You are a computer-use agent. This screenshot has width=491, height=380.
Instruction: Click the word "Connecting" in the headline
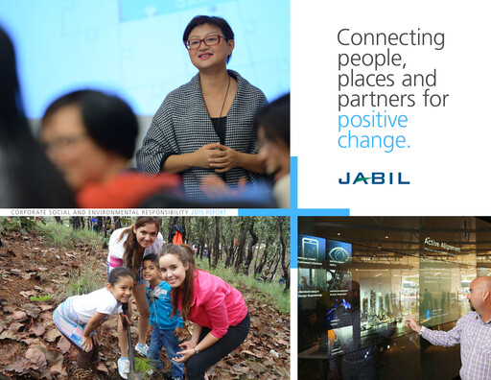pyautogui.click(x=390, y=38)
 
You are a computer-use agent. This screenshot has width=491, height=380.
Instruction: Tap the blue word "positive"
pyautogui.click(x=372, y=120)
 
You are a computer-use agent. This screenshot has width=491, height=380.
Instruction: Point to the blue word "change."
pyautogui.click(x=374, y=141)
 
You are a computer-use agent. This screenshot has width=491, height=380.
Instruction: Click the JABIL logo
pyautogui.click(x=373, y=178)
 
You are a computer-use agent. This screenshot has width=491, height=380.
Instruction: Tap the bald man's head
pyautogui.click(x=481, y=292)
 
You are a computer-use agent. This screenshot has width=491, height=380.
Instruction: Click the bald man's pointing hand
pyautogui.click(x=412, y=324)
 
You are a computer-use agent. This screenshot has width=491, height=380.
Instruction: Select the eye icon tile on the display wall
pyautogui.click(x=339, y=253)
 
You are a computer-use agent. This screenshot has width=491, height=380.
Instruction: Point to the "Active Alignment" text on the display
pyautogui.click(x=442, y=245)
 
